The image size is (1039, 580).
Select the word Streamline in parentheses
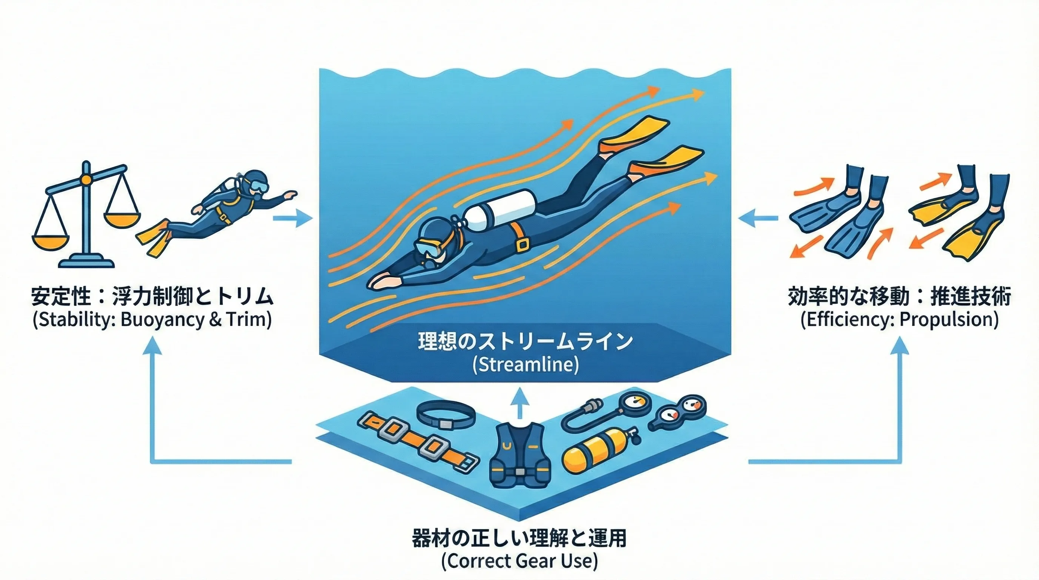tap(525, 365)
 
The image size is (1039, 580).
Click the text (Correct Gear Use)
tap(519, 561)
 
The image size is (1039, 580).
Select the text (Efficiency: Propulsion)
tap(899, 319)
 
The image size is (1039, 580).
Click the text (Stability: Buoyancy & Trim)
tap(152, 319)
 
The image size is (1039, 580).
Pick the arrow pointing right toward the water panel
tap(293, 218)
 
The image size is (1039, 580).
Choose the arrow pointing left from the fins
tap(758, 218)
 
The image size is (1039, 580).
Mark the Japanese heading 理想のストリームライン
tap(525, 341)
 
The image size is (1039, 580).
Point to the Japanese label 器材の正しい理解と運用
tap(519, 538)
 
